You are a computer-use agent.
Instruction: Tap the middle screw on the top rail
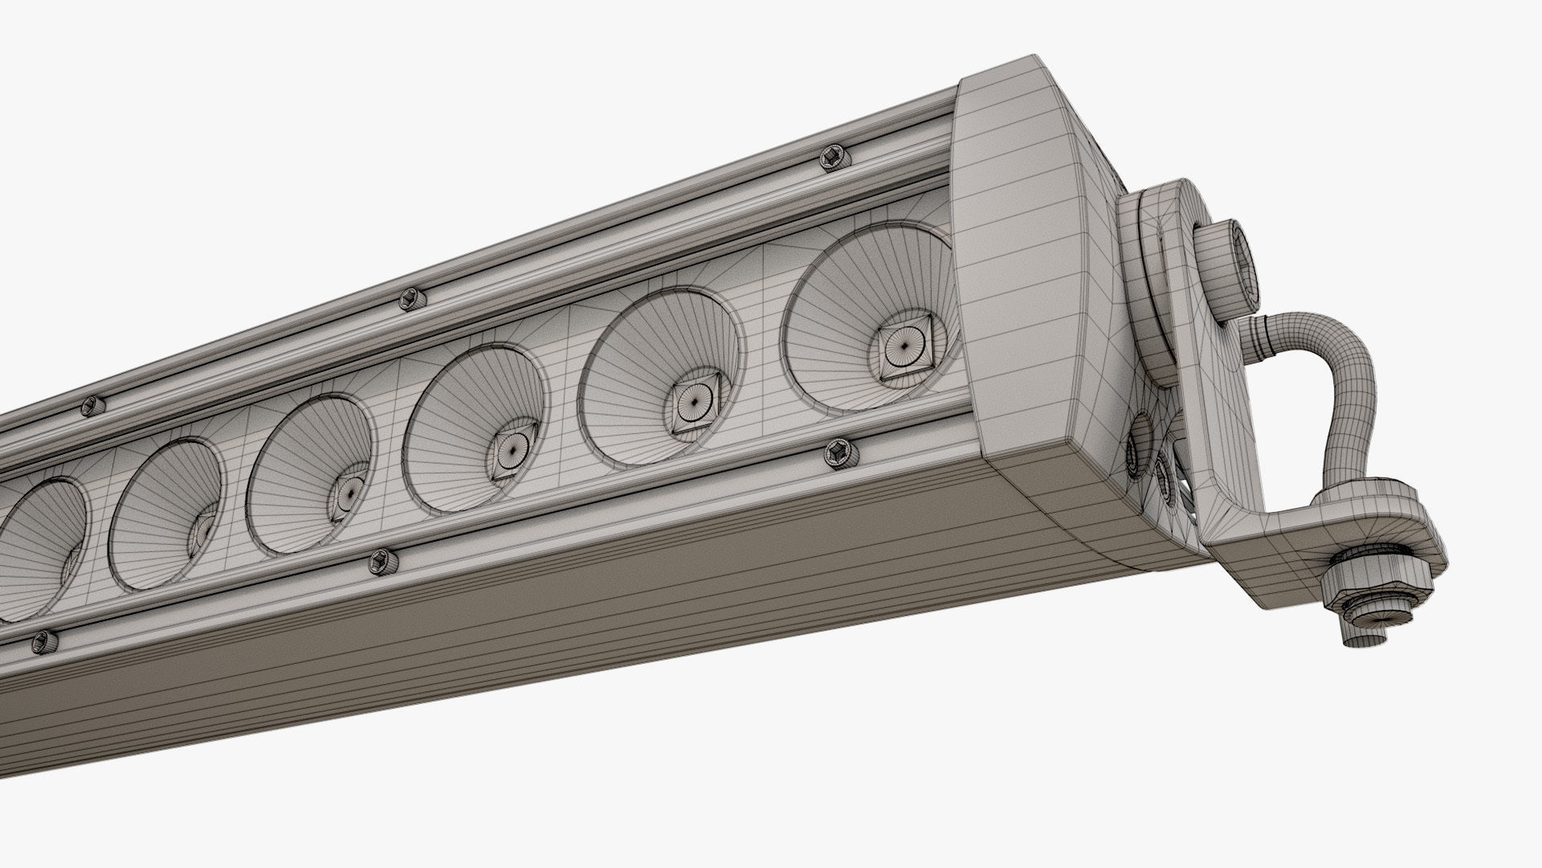click(412, 298)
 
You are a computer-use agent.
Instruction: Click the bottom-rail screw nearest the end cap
click(838, 452)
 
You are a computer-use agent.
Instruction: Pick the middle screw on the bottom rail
click(381, 561)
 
